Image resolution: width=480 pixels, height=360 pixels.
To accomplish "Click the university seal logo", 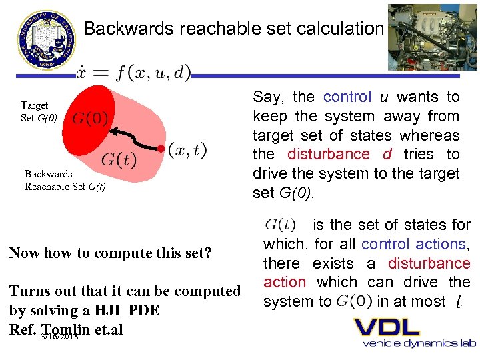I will tap(46, 38).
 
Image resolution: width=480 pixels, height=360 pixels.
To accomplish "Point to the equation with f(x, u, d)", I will tap(134, 71).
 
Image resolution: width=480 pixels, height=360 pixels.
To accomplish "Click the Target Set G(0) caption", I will tap(38, 111).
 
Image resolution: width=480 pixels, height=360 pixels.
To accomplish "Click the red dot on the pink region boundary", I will tap(160, 147).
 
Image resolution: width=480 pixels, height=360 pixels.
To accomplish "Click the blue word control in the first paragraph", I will tap(347, 97).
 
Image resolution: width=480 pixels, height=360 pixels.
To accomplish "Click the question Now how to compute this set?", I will tap(110, 253).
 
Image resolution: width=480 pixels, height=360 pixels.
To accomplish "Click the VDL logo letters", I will tap(387, 327).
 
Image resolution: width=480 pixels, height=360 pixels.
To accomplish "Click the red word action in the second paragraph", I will tap(285, 283).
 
